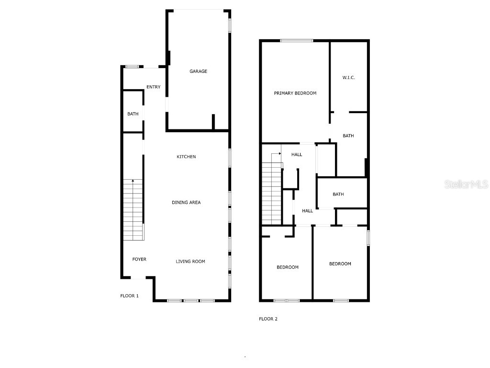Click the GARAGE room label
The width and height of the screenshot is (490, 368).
click(198, 71)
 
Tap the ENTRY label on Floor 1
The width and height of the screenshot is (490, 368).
click(153, 87)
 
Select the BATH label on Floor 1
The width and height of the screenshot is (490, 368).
click(133, 114)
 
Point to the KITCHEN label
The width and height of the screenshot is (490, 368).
click(186, 157)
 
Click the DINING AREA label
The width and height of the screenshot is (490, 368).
click(186, 202)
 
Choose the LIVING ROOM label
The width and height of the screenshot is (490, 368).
click(190, 261)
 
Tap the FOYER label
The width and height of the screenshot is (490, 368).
click(139, 259)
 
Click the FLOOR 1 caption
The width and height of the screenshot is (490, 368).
click(129, 296)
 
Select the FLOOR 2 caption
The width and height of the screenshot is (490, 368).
click(268, 319)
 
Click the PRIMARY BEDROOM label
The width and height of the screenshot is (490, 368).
click(295, 93)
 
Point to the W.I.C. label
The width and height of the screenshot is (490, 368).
click(348, 78)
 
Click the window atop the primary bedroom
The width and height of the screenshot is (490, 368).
click(296, 41)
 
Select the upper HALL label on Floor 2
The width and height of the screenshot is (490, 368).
click(297, 154)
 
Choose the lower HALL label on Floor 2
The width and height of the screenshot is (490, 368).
click(307, 210)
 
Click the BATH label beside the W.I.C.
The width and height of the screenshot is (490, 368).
click(348, 136)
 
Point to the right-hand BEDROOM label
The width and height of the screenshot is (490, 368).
click(340, 264)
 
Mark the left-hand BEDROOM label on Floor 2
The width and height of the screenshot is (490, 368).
click(288, 267)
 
